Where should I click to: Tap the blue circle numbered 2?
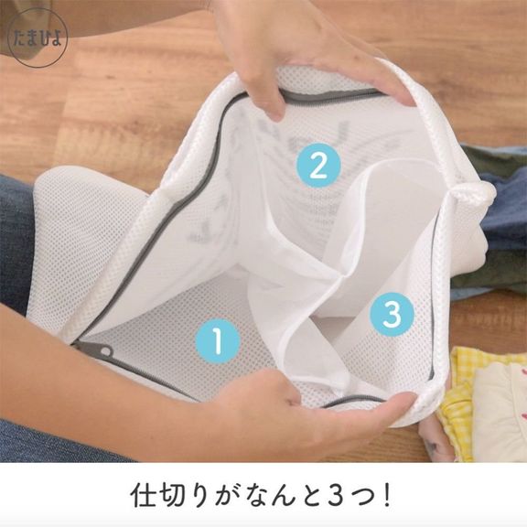318,166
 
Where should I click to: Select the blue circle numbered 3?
392,314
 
